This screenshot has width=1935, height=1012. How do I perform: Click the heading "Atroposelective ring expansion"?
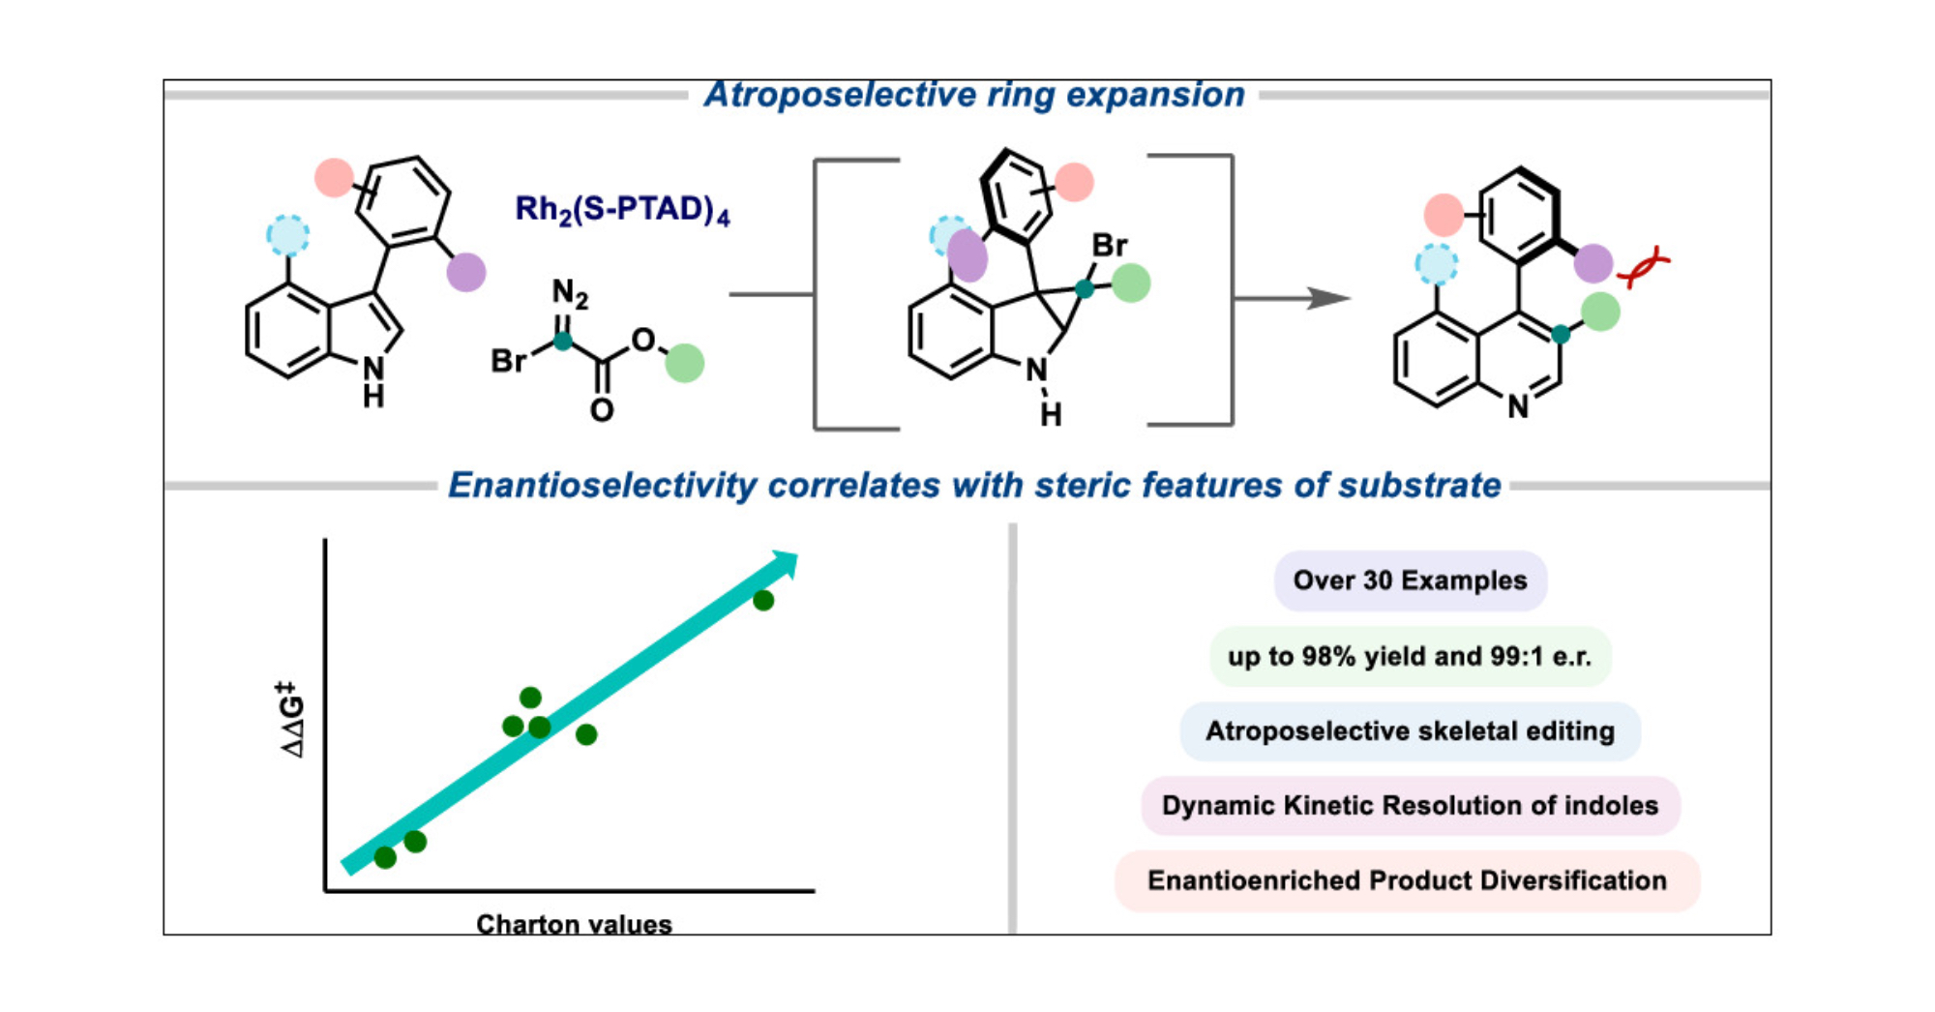(974, 95)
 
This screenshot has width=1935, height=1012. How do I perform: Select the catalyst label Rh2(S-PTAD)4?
(622, 210)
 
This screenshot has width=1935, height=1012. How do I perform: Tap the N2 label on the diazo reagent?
(569, 292)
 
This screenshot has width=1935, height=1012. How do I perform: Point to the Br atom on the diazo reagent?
(508, 361)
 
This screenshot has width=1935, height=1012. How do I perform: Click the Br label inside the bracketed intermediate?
(1110, 246)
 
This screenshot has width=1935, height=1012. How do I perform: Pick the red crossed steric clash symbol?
(1644, 267)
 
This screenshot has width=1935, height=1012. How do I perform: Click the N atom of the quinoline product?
(1518, 406)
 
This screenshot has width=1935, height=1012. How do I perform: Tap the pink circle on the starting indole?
(334, 178)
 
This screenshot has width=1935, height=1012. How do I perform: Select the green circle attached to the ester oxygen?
(685, 363)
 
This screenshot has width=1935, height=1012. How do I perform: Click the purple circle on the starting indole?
(466, 272)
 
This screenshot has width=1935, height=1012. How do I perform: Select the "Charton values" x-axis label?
(574, 924)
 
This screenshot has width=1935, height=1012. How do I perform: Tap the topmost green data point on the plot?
(763, 601)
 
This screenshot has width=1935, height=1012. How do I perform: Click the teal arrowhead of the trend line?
(786, 563)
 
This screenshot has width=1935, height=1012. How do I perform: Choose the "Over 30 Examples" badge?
(1410, 580)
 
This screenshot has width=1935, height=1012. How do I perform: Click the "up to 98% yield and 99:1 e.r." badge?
(1410, 656)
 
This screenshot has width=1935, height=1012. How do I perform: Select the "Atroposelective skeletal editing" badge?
(1410, 730)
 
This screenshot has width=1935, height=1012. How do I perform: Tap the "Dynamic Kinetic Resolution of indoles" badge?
(1410, 805)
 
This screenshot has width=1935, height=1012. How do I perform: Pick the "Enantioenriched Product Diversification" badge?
(1407, 880)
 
